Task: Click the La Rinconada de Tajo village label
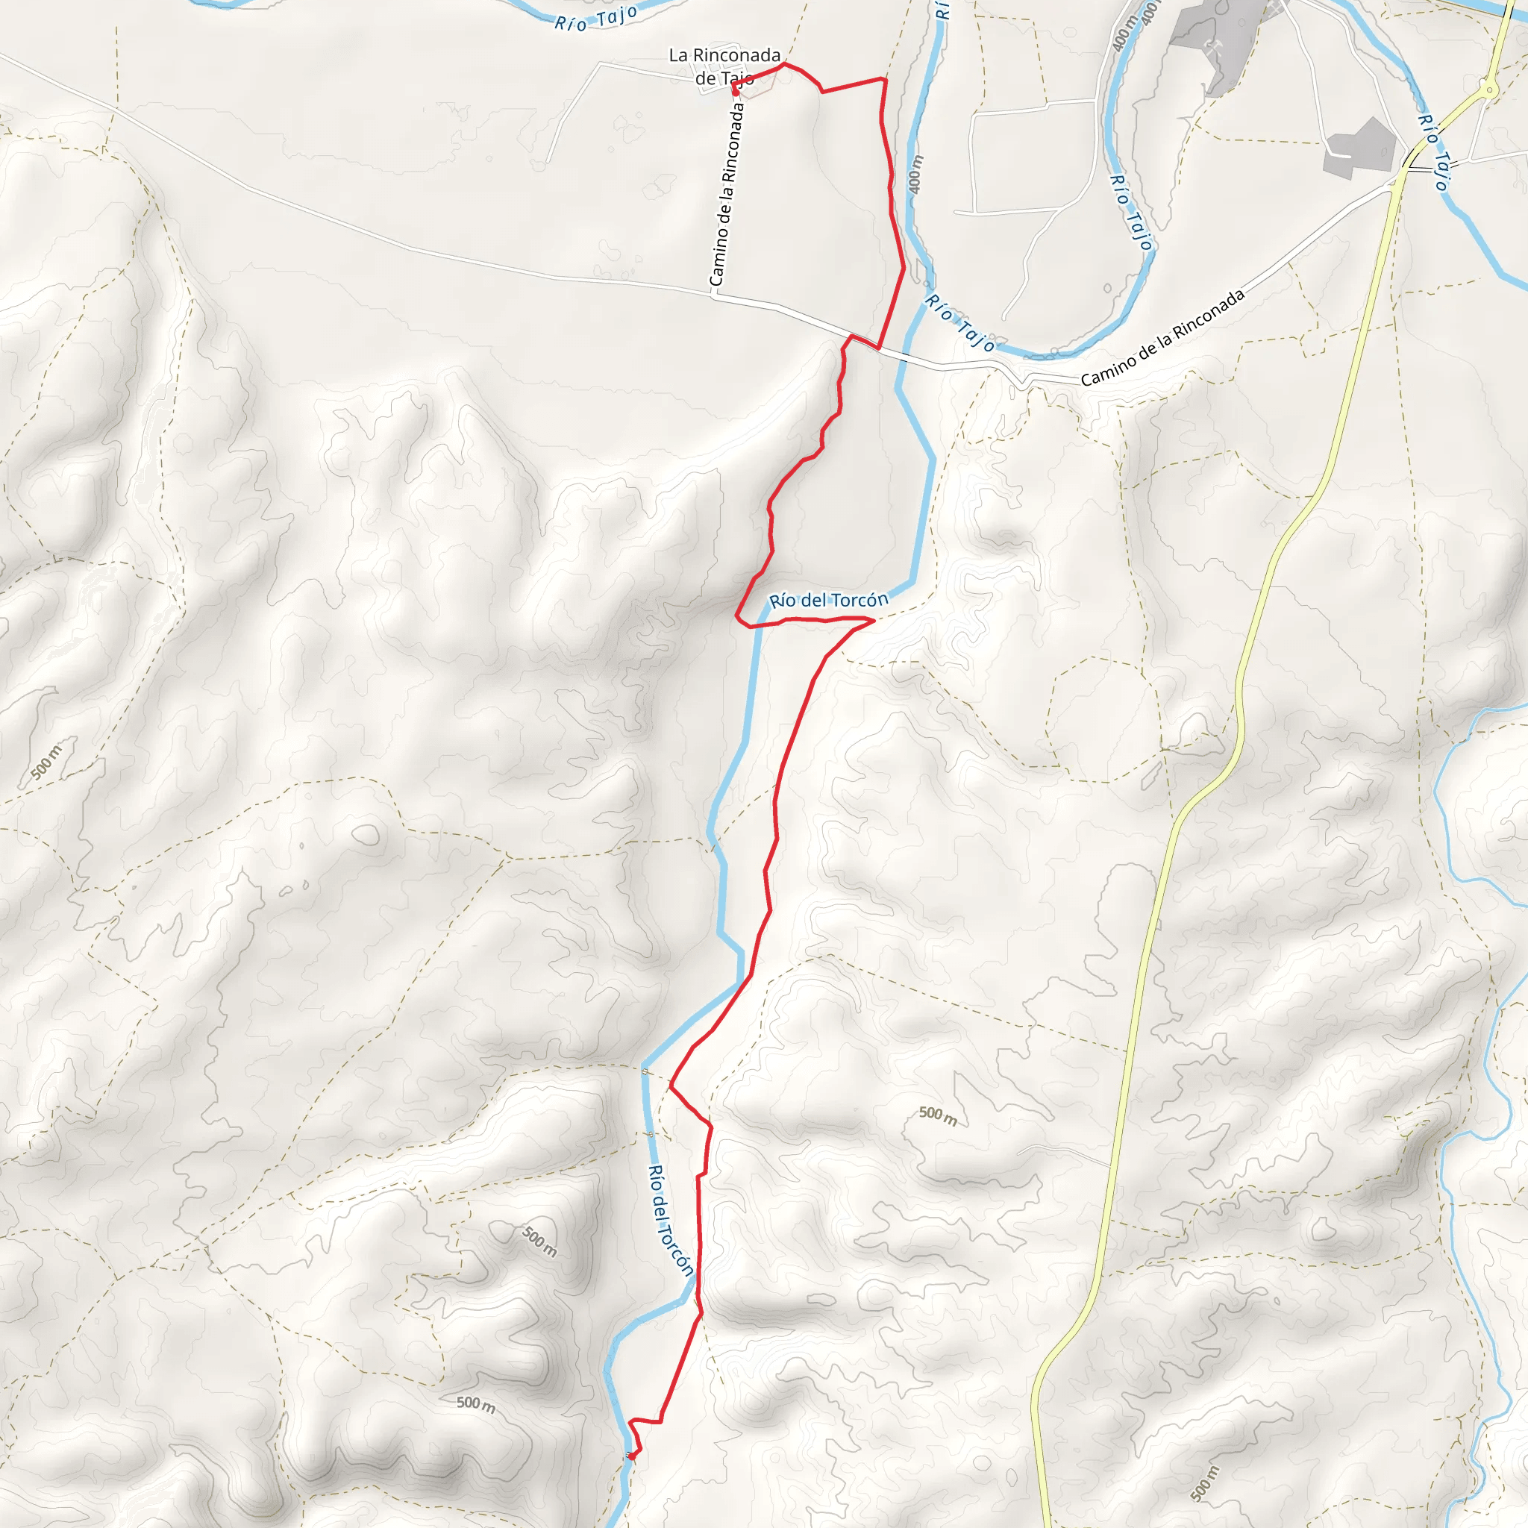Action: point(724,66)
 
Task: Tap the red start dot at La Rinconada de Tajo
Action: point(736,91)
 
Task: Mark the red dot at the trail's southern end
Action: point(632,1455)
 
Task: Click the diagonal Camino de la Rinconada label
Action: point(1162,338)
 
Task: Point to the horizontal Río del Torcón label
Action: point(829,601)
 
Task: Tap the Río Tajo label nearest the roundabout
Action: point(1433,153)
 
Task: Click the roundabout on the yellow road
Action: point(1490,91)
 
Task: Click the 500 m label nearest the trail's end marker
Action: point(476,1404)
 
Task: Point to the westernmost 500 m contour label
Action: point(46,763)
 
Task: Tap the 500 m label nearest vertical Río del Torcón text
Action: point(539,1241)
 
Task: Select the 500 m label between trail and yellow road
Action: point(938,1116)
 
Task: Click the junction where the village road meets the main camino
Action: point(714,295)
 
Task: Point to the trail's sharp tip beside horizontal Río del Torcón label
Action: point(873,621)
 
